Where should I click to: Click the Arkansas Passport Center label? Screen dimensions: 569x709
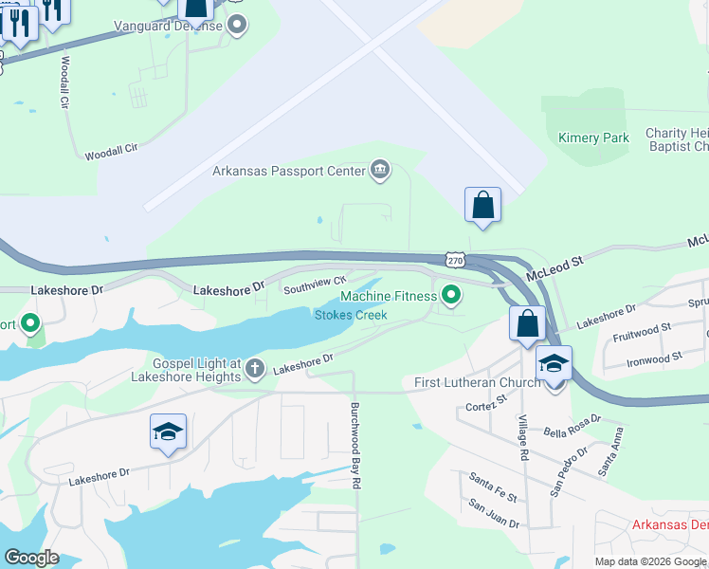pos(288,172)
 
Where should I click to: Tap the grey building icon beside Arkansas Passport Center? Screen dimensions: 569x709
pos(380,171)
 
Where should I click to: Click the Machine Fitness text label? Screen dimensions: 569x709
pos(389,297)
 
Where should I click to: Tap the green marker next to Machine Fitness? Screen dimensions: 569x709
pos(452,297)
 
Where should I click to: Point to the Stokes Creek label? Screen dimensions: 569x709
pos(351,315)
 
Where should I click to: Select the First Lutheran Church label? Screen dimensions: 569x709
pos(478,382)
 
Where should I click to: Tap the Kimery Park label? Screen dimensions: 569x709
pos(594,138)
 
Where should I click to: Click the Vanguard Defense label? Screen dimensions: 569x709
pos(168,26)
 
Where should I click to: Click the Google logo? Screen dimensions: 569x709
pos(31,557)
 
